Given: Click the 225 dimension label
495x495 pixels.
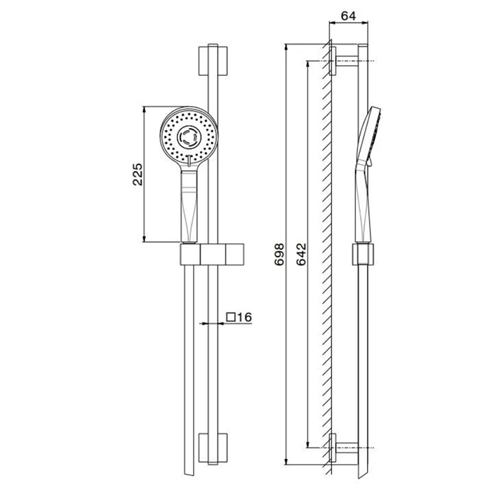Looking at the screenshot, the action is coord(138,174).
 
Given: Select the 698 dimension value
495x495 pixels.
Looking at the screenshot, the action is coord(279,254).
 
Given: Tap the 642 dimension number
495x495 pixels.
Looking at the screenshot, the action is coord(301,254).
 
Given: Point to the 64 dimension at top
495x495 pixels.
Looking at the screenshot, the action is coord(349,16).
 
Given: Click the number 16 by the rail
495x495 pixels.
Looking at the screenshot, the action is coord(245,317).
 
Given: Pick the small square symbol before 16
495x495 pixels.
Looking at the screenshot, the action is coord(231,317).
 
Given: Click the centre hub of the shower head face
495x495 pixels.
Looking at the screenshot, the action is coord(189,138).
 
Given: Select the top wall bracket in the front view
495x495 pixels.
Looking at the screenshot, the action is coord(213,62).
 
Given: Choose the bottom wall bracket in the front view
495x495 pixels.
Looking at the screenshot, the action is coord(213,448).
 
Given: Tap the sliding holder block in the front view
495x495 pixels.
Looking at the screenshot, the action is coord(212,254).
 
